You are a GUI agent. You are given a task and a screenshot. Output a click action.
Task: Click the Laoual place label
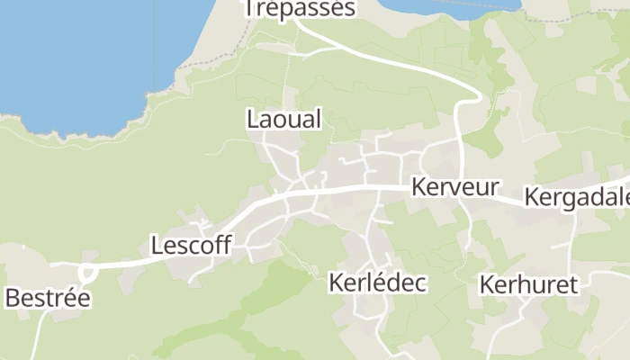coord(283,119)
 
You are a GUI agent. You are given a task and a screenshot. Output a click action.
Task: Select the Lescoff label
coord(191,245)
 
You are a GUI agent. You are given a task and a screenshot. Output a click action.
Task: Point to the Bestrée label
coord(48,298)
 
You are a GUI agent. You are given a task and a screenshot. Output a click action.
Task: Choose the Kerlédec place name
coord(377,283)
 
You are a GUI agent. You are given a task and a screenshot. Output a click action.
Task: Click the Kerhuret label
coord(528,284)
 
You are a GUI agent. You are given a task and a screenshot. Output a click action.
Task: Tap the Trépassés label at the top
coord(301,9)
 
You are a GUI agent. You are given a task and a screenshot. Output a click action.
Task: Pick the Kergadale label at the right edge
coord(577,196)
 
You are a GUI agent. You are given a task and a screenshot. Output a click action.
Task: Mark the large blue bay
coord(81,54)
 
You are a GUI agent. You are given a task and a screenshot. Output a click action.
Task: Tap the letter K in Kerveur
coord(418,187)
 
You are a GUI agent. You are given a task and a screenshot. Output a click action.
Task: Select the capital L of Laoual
coord(252,119)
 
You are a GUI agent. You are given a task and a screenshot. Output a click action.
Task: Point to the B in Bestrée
coord(13,298)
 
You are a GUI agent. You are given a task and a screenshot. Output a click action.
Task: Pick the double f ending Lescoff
coord(223,245)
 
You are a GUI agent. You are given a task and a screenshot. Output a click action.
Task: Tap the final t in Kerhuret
coord(571,284)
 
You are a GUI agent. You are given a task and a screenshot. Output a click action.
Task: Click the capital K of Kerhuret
coord(487,284)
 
